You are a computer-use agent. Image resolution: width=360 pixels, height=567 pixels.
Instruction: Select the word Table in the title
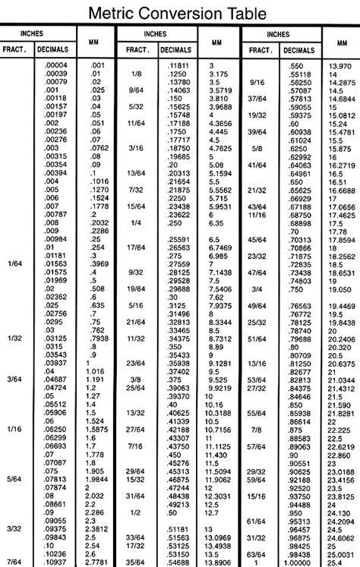[x=248, y=13]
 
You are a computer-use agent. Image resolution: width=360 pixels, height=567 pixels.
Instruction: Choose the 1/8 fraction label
[x=137, y=74]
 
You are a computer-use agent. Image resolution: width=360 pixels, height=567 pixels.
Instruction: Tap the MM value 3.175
[x=219, y=74]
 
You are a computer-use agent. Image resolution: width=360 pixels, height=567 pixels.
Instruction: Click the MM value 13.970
[x=343, y=66]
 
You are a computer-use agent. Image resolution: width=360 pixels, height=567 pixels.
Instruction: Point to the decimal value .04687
[x=56, y=378]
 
